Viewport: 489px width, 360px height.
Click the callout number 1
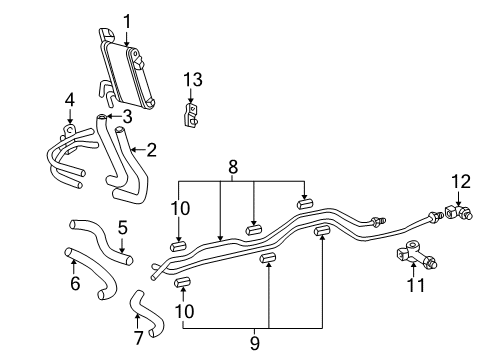127,20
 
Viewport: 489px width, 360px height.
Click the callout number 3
127,115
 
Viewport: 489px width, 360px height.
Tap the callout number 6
73,285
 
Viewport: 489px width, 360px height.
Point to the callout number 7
138,339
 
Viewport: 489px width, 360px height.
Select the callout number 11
417,286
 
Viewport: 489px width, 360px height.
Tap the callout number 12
461,181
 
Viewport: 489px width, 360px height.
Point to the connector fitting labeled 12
461,212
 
